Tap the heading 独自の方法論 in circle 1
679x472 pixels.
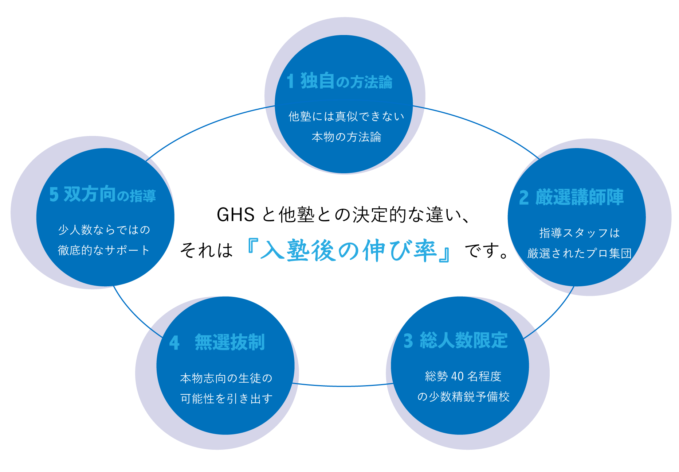pos(346,81)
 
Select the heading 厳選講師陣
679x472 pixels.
pos(579,197)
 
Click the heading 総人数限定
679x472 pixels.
pos(463,340)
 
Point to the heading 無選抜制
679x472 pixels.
pos(229,342)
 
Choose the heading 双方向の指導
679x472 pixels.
pos(110,194)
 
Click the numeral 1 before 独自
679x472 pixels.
pos(290,81)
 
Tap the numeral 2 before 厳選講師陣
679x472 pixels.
pos(524,198)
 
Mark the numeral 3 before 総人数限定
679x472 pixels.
pos(408,341)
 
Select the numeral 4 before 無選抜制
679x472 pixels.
pos(174,343)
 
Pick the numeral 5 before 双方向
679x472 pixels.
pos(54,194)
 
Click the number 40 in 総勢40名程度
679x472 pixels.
pos(457,376)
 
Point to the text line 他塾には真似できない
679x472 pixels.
pos(346,116)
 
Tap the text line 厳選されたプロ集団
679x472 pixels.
pos(579,253)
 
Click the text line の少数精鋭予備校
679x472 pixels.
pos(463,396)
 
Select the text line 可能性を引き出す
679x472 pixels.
pos(226,398)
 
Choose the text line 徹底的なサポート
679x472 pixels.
pos(104,250)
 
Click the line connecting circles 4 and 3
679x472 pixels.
pos(342,386)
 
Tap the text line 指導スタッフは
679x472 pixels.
pos(579,233)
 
